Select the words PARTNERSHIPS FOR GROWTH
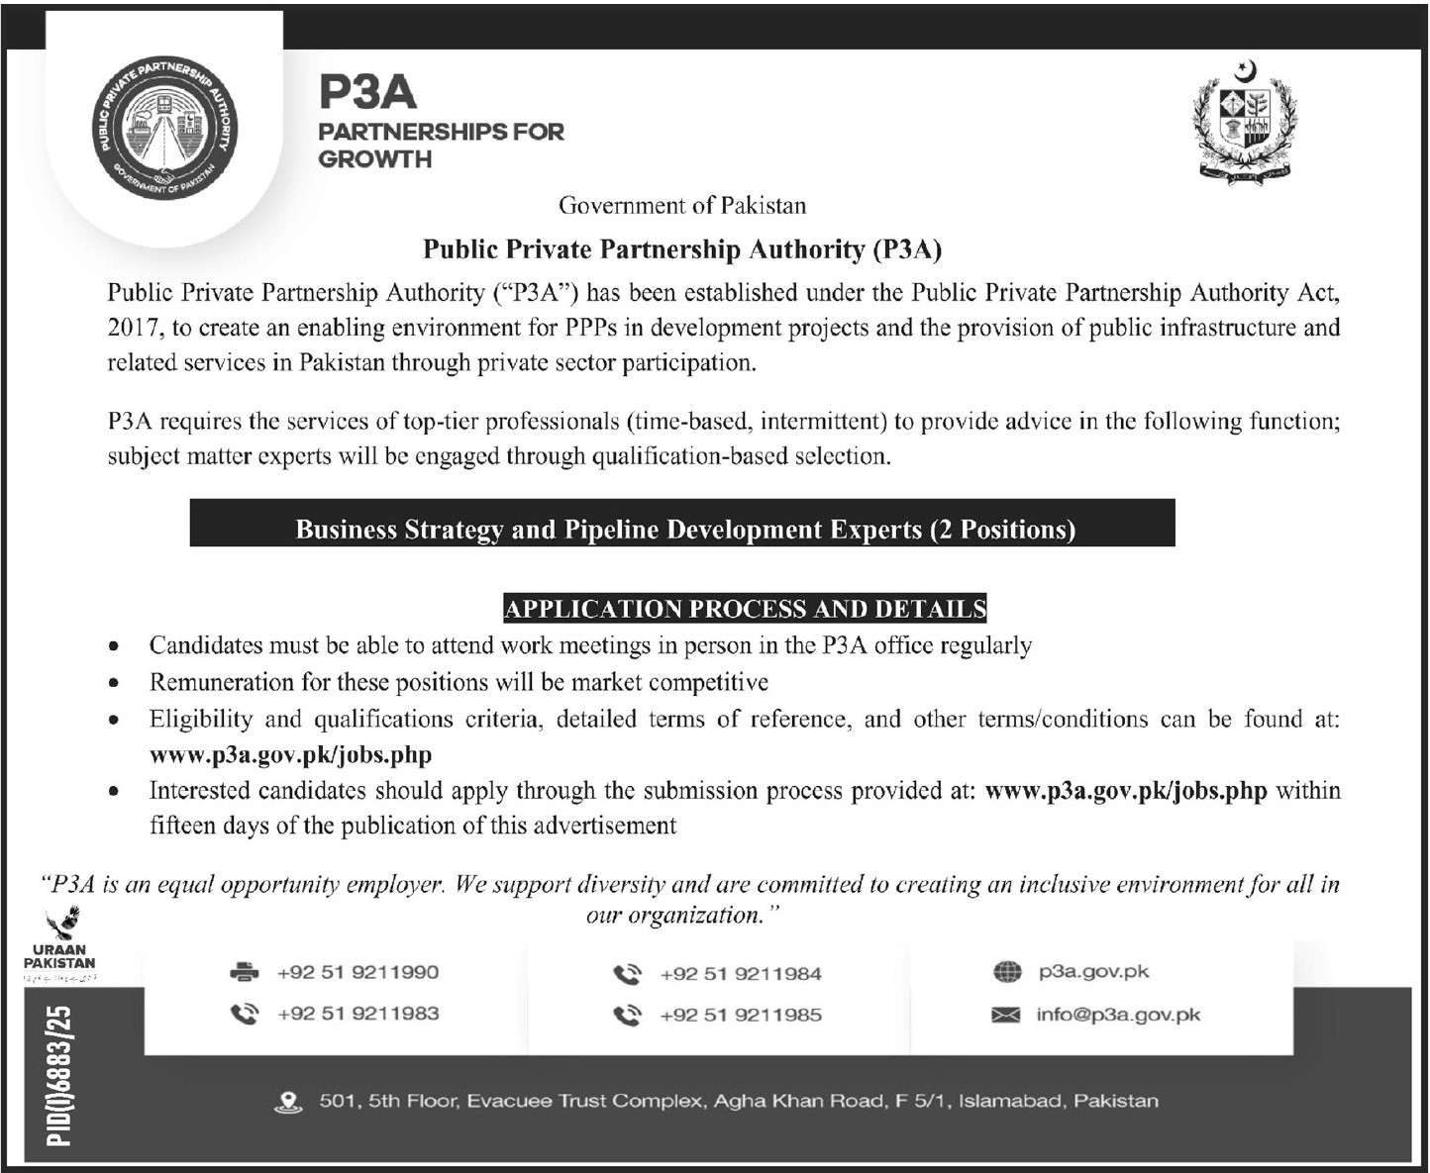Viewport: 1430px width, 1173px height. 441,145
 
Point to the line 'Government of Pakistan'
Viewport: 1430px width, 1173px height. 682,206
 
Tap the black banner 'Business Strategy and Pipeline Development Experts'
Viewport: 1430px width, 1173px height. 682,529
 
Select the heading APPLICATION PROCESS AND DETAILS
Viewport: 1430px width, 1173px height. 745,608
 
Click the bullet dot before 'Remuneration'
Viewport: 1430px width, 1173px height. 116,683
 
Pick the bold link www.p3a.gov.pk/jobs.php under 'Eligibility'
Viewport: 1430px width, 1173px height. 290,755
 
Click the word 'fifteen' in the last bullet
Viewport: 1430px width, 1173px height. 180,826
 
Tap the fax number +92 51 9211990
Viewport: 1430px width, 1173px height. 357,972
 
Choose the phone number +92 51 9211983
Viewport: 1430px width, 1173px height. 357,1014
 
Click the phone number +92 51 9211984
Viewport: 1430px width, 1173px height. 740,974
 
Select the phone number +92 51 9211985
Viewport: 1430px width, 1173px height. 740,1015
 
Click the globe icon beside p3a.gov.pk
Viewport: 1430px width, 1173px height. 1006,972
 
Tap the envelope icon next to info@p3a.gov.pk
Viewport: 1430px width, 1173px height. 1006,1015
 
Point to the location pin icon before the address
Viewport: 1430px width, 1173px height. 288,1102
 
